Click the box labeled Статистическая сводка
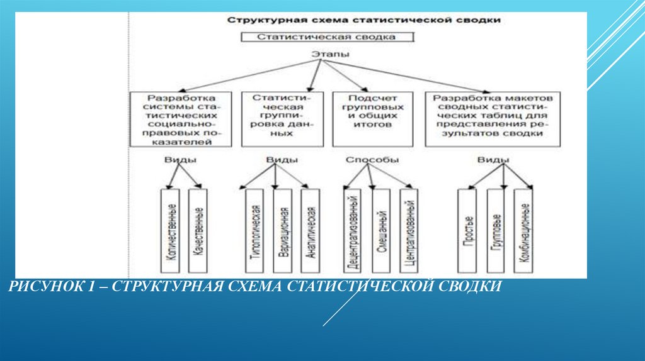[x=326, y=37]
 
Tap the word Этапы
[x=330, y=55]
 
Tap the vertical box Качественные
[x=198, y=230]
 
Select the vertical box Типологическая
[x=255, y=230]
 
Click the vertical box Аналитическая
[x=310, y=230]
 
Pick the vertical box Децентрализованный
[x=354, y=230]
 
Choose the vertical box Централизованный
[x=409, y=230]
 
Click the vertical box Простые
[x=468, y=230]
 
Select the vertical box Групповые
[x=496, y=230]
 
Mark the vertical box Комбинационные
[x=523, y=230]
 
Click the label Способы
[x=372, y=160]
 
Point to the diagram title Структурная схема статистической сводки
[x=364, y=20]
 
